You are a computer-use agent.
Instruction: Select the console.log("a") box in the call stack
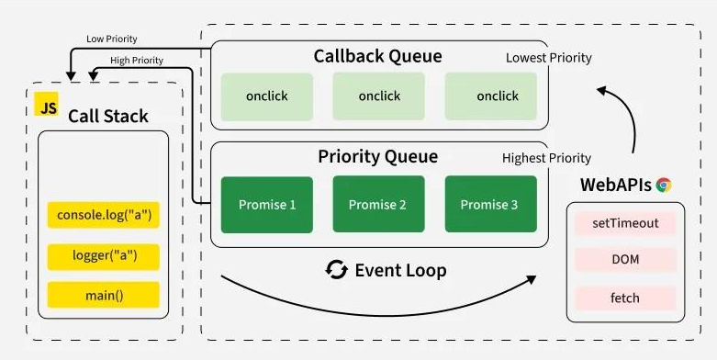(x=103, y=216)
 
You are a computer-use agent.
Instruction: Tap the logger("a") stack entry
(x=103, y=255)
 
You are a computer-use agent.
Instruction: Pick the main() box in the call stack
(x=103, y=295)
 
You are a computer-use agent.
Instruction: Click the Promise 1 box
(x=266, y=204)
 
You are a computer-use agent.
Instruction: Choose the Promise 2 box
(x=378, y=204)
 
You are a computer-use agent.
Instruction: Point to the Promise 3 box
(x=490, y=204)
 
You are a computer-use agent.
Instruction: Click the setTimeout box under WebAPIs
(x=624, y=223)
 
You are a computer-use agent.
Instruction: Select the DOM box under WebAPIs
(x=624, y=260)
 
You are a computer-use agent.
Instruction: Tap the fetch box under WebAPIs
(x=624, y=298)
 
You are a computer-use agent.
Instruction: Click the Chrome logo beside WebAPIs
(x=664, y=185)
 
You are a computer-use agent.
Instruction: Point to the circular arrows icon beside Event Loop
(x=337, y=270)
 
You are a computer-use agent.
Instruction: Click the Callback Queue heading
(x=378, y=57)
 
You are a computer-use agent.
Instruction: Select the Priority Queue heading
(x=378, y=157)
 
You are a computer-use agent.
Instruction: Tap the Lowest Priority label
(x=548, y=58)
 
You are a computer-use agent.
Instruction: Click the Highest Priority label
(x=546, y=158)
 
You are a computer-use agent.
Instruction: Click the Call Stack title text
(x=107, y=116)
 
